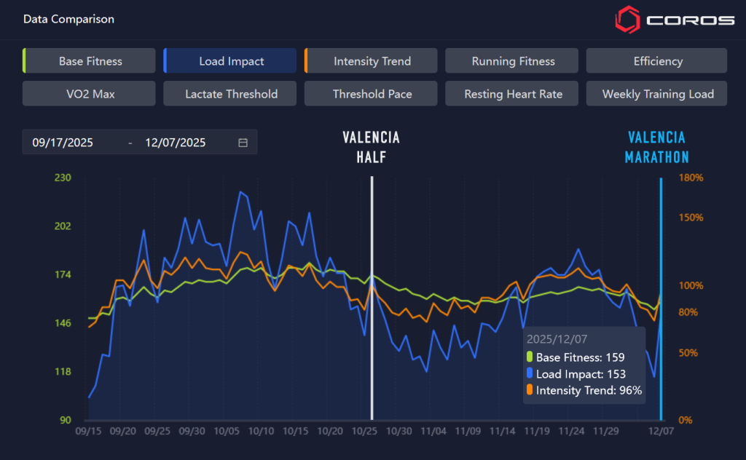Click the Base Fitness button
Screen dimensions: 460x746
click(90, 61)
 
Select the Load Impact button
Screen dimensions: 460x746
click(231, 61)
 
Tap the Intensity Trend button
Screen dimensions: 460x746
click(372, 61)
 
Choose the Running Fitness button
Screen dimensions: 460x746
click(512, 61)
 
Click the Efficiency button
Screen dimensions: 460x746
click(657, 61)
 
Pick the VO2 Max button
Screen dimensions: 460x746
click(90, 94)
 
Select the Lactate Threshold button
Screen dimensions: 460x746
click(231, 94)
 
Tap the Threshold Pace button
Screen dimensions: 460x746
click(372, 94)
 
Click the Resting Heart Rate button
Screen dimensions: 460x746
click(512, 94)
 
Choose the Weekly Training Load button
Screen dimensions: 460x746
click(657, 94)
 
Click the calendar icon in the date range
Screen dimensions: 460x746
click(243, 143)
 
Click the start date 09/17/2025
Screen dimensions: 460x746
click(63, 143)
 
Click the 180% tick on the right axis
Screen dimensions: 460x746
click(691, 177)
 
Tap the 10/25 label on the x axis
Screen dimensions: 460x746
click(365, 431)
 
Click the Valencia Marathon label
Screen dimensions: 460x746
click(657, 147)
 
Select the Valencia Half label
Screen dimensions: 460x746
click(371, 147)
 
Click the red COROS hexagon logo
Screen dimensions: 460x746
click(627, 20)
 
